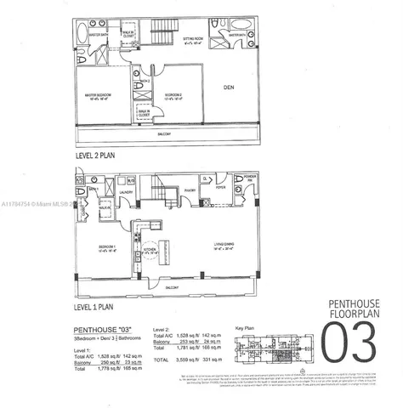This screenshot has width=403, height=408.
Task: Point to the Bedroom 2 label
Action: (175, 96)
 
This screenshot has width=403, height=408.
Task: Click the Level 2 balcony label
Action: (170, 134)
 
